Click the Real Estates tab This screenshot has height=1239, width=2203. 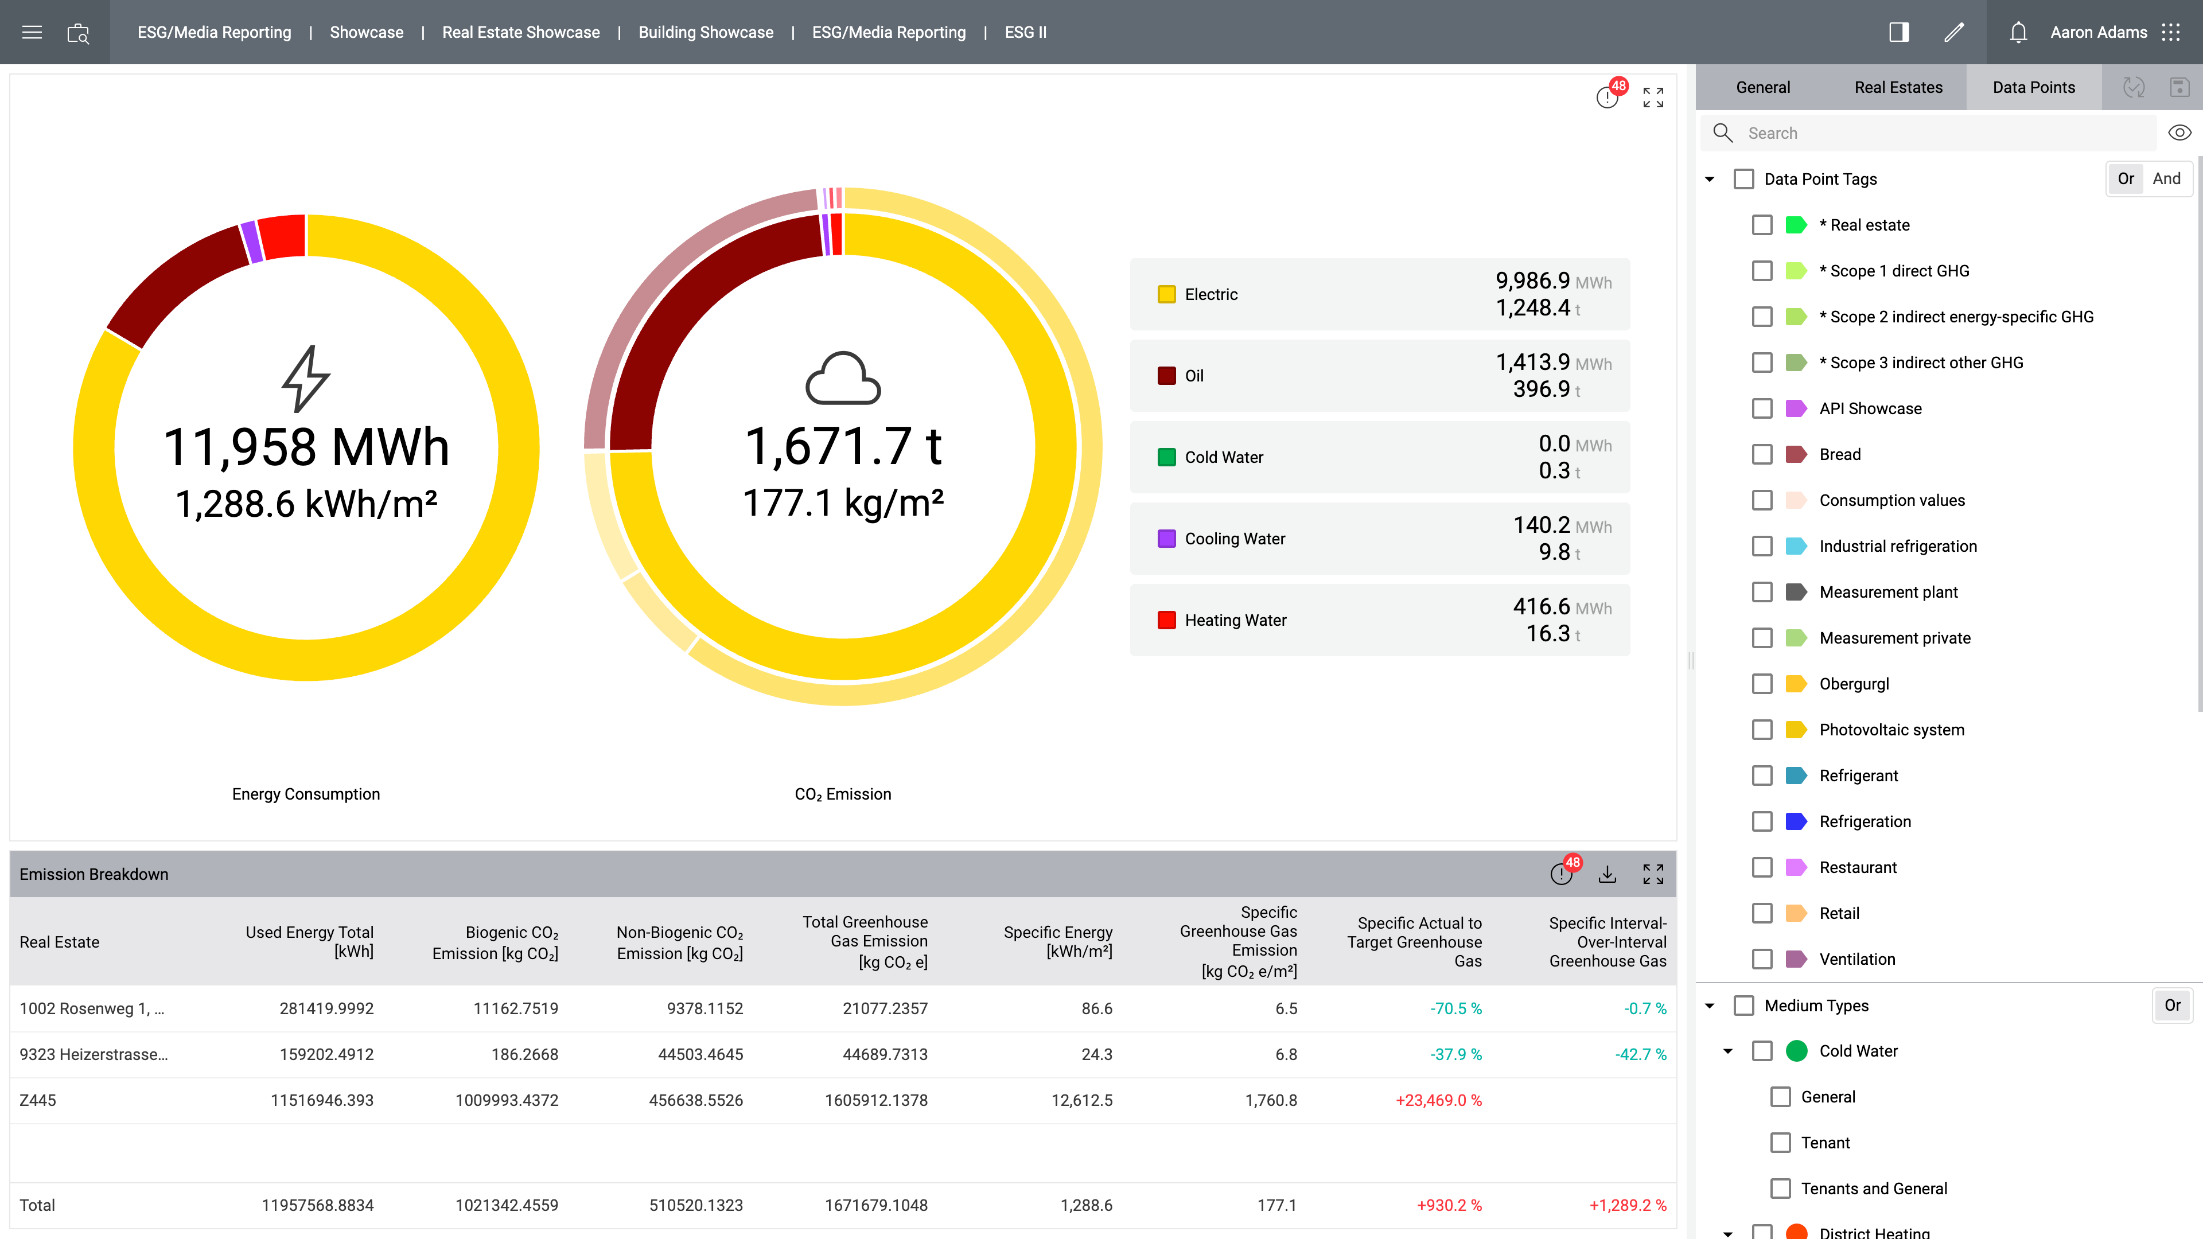pyautogui.click(x=1898, y=87)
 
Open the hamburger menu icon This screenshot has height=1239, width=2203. pyautogui.click(x=32, y=33)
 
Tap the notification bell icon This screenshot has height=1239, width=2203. pyautogui.click(x=2018, y=33)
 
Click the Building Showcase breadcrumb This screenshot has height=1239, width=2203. pyautogui.click(x=706, y=33)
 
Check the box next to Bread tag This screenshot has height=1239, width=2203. pyautogui.click(x=1762, y=454)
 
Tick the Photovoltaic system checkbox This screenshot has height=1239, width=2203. pyautogui.click(x=1762, y=730)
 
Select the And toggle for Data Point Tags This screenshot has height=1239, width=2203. pyautogui.click(x=2166, y=179)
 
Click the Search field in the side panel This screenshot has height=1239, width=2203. pyautogui.click(x=1941, y=134)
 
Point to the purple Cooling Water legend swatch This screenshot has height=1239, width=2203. pyautogui.click(x=1166, y=539)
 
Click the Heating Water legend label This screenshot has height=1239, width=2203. pyautogui.click(x=1235, y=620)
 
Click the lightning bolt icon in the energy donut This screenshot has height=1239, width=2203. pyautogui.click(x=305, y=378)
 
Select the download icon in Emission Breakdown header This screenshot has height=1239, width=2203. pyautogui.click(x=1607, y=874)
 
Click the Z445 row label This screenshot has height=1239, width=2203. pyautogui.click(x=38, y=1101)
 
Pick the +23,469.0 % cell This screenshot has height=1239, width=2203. pyautogui.click(x=1438, y=1101)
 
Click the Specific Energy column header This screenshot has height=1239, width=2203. pyautogui.click(x=1058, y=941)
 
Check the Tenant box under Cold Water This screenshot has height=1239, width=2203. pyautogui.click(x=1781, y=1143)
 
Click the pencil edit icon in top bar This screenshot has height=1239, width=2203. pyautogui.click(x=1953, y=33)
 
